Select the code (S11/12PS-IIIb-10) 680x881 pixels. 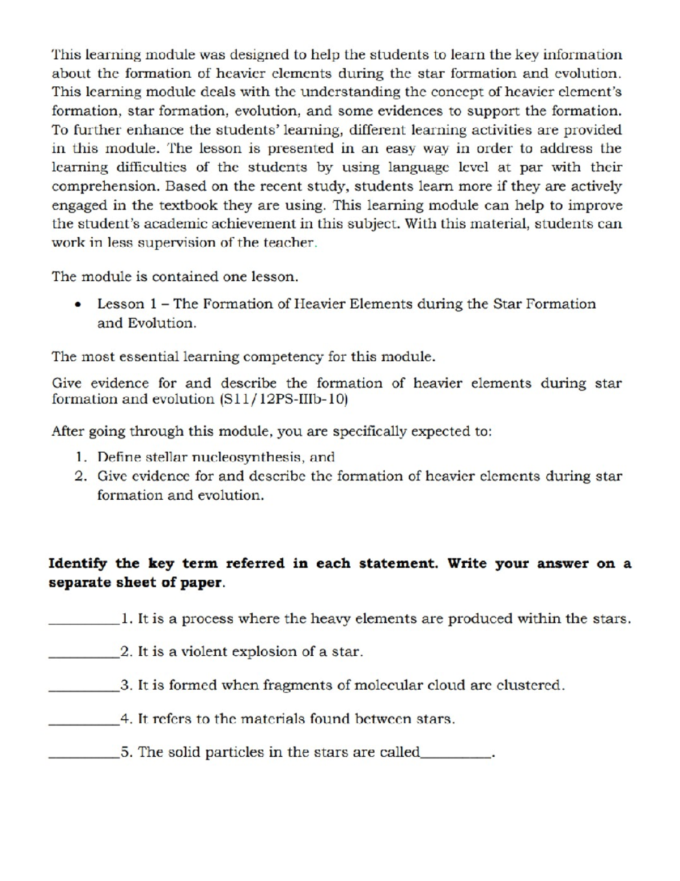tap(282, 399)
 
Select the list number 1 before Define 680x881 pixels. tap(80, 457)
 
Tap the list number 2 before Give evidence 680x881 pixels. tap(80, 477)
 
